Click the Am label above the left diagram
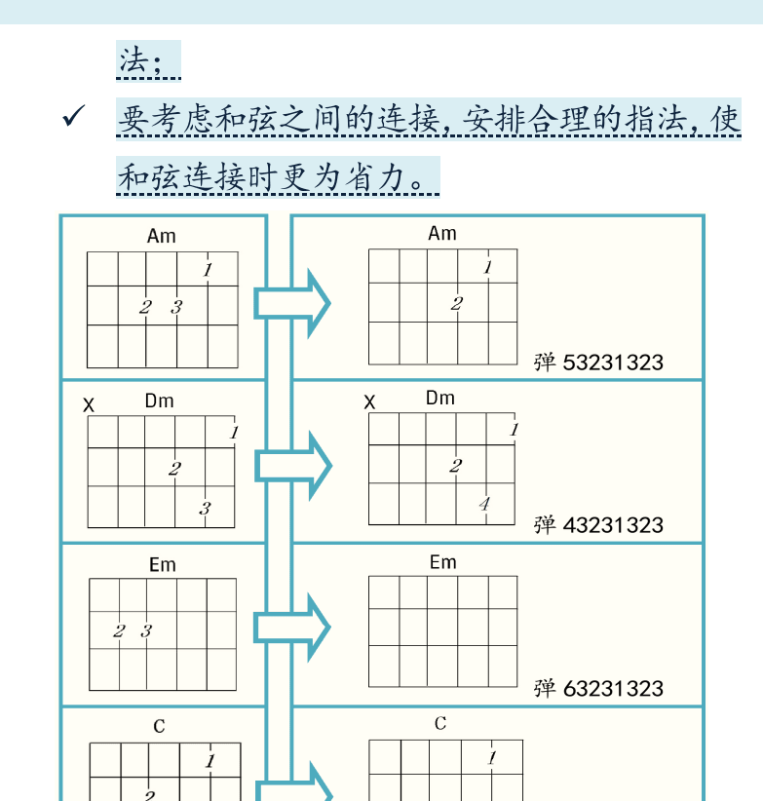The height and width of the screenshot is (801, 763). pos(162,236)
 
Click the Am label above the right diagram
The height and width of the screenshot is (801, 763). pos(442,234)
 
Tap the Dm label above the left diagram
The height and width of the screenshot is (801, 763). pos(160,400)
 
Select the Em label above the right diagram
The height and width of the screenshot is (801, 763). pos(442,562)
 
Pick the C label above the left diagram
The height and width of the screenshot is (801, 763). pos(159,726)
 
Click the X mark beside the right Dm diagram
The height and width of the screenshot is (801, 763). pos(369,402)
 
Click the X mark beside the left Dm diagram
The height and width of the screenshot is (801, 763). pos(89,405)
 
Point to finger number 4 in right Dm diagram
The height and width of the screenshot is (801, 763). pos(484,504)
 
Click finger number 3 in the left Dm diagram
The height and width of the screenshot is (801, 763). pos(205,509)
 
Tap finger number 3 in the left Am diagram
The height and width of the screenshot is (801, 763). pos(176,307)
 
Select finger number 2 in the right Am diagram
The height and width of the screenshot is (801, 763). pos(457,304)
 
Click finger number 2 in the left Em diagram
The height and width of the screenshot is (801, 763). pos(119,630)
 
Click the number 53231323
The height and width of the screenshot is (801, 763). pos(613,362)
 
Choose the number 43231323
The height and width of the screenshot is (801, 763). pos(613,525)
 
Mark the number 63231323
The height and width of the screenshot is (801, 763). pos(613,689)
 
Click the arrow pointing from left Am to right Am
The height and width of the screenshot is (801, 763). pos(292,303)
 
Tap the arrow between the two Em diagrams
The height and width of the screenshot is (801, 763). pos(292,628)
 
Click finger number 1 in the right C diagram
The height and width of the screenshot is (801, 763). pos(492,757)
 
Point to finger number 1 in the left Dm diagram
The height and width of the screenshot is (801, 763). pos(234,433)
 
